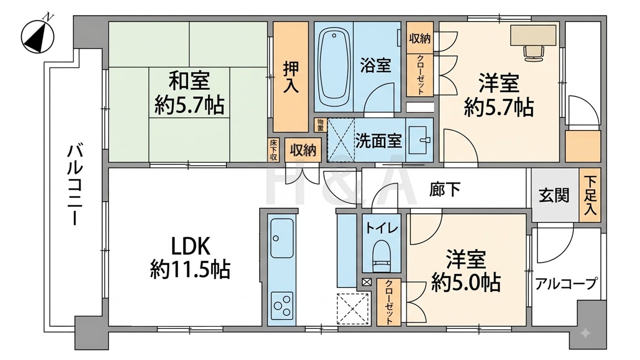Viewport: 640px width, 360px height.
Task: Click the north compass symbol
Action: (x=37, y=35)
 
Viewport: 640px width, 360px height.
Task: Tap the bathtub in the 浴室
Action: (x=333, y=67)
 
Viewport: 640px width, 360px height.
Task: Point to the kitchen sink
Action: (x=282, y=238)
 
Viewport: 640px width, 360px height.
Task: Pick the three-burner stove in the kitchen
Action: (x=282, y=305)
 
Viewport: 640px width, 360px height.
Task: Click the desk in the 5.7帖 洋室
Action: (x=533, y=35)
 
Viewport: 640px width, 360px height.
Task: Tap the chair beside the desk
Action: (x=534, y=53)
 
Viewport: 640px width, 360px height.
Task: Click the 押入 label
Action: (x=291, y=77)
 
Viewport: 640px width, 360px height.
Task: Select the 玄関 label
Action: (x=554, y=195)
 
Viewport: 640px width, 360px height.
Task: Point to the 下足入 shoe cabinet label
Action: (x=590, y=195)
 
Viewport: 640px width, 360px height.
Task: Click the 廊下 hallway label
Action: (x=445, y=189)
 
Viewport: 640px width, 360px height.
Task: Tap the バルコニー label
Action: (x=75, y=185)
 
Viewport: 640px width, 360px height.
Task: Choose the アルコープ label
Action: (x=566, y=284)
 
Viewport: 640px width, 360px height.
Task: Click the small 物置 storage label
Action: (x=320, y=125)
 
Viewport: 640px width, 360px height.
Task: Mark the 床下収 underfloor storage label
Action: (x=273, y=149)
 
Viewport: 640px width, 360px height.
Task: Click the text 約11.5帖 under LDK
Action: (x=190, y=269)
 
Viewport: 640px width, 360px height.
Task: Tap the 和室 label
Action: (x=189, y=81)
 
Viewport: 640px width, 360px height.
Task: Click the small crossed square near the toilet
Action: (x=366, y=282)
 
